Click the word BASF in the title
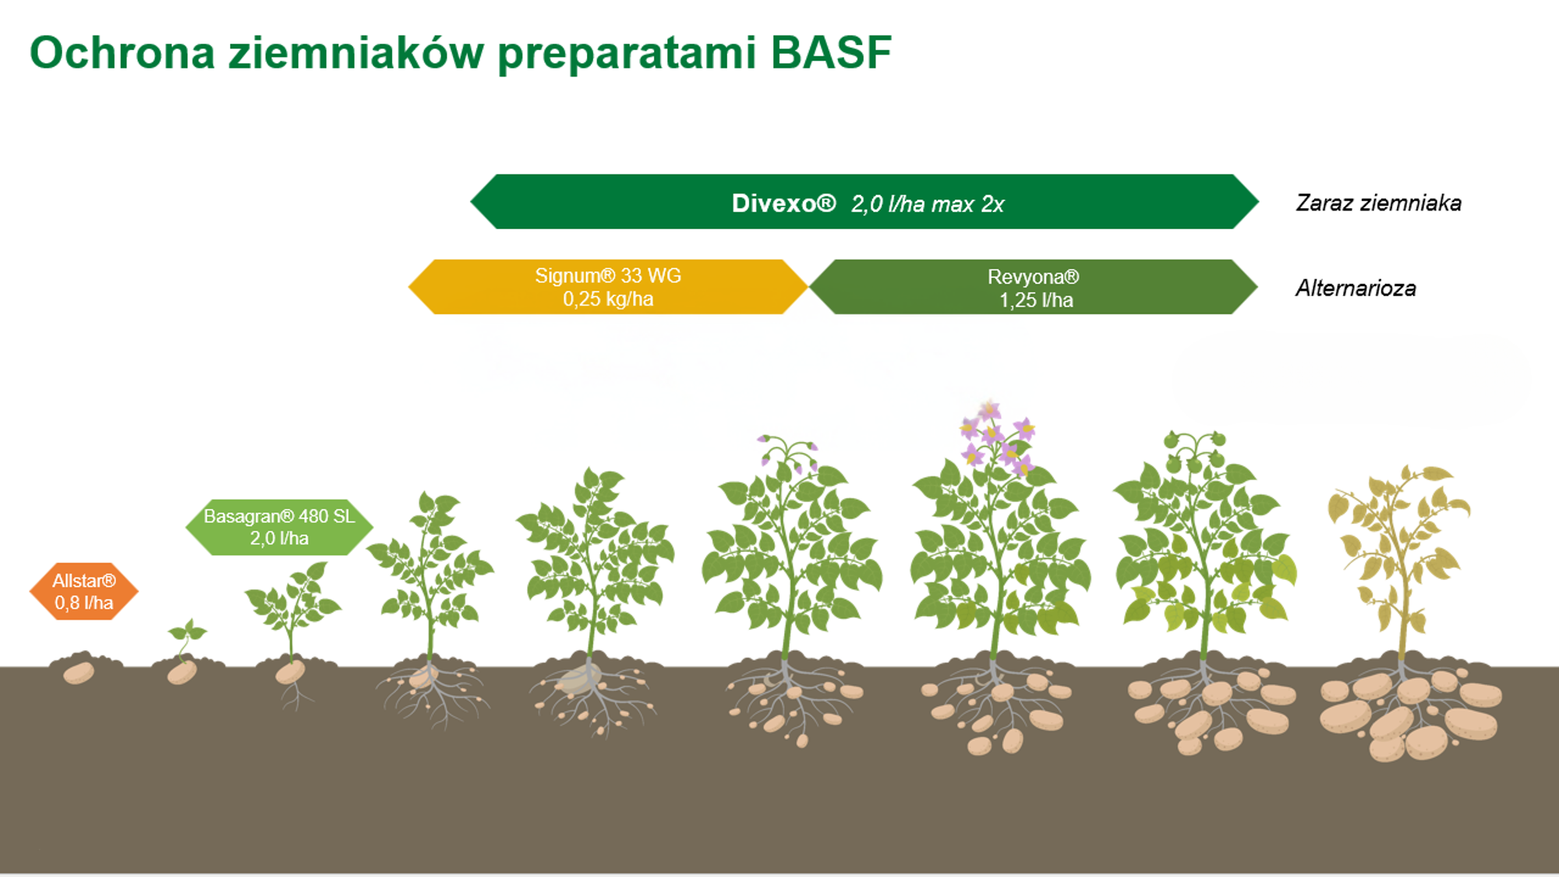pyautogui.click(x=830, y=53)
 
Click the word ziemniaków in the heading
pyautogui.click(x=355, y=53)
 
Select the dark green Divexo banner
pyautogui.click(x=864, y=202)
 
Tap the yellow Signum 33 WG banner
pyautogui.click(x=608, y=287)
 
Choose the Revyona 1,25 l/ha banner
pyautogui.click(x=1034, y=287)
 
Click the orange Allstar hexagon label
pyautogui.click(x=84, y=592)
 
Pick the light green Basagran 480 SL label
pyautogui.click(x=279, y=527)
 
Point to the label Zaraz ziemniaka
pyautogui.click(x=1378, y=203)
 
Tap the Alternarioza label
pyautogui.click(x=1356, y=288)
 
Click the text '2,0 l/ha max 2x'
pyautogui.click(x=928, y=204)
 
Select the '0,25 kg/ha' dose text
pyautogui.click(x=608, y=299)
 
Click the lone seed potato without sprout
pyautogui.click(x=79, y=673)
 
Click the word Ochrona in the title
pyautogui.click(x=122, y=53)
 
